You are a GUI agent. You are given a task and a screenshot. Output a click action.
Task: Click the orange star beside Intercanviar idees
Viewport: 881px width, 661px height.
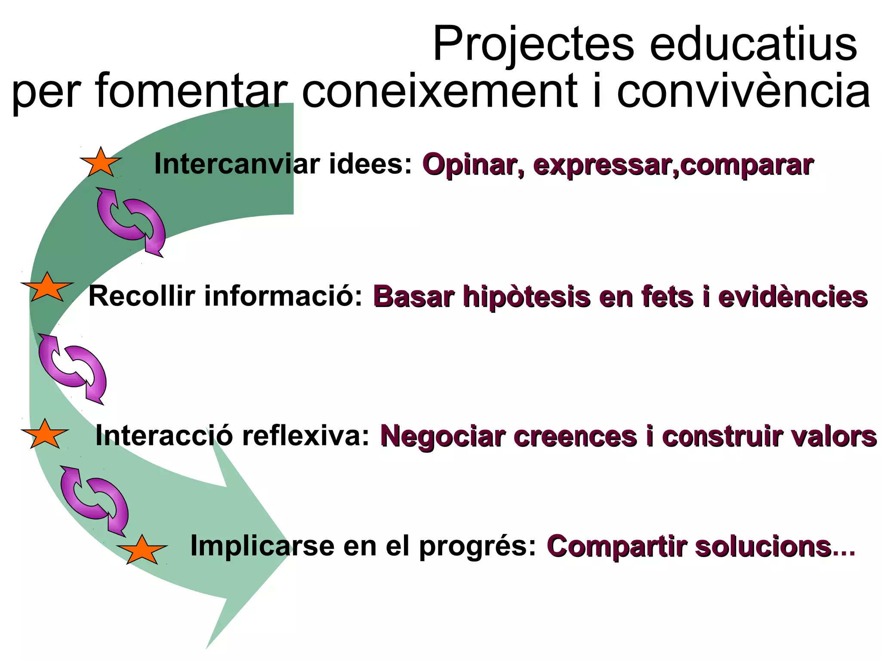[x=101, y=163]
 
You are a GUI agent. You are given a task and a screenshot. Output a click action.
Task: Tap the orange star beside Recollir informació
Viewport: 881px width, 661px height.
[x=47, y=287]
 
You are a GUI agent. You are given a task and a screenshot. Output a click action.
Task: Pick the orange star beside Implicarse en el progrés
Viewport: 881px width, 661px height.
[x=142, y=550]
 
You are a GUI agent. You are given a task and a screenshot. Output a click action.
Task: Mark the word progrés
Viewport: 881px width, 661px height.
[x=477, y=547]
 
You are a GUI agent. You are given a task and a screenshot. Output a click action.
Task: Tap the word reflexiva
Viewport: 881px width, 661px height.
[x=305, y=436]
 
